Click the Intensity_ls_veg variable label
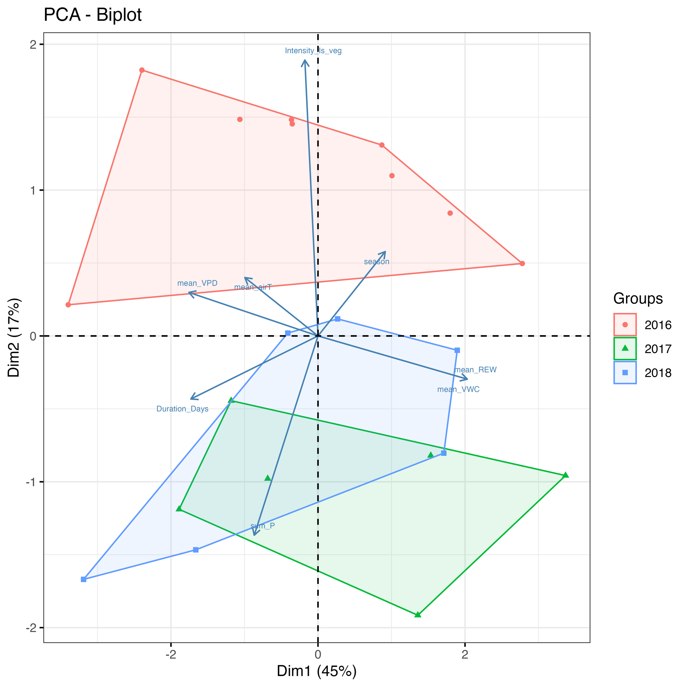tap(313, 51)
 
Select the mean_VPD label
tap(197, 283)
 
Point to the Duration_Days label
tap(182, 409)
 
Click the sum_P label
tap(262, 526)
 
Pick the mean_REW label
tap(475, 370)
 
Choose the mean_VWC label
tap(458, 389)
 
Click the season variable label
tap(376, 262)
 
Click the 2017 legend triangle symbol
tap(625, 348)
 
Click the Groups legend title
tap(638, 299)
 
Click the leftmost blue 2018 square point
tap(84, 580)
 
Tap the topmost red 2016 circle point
tap(142, 70)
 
